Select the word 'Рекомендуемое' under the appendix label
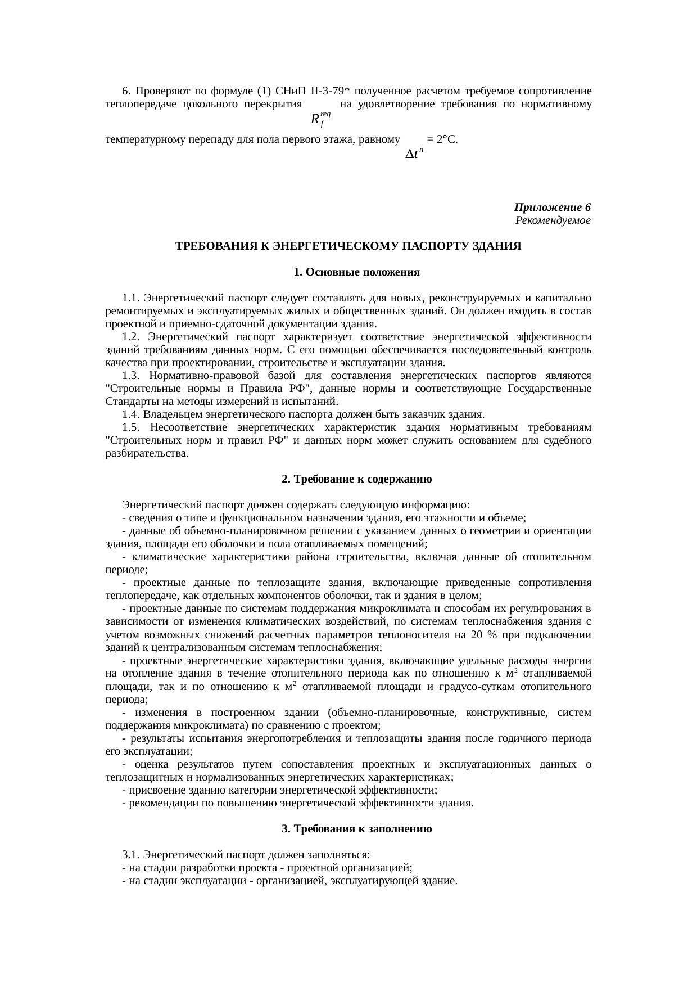pyautogui.click(x=553, y=220)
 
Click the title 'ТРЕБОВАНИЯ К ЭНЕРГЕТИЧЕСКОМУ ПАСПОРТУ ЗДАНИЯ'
pyautogui.click(x=348, y=246)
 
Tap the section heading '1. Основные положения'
pyautogui.click(x=356, y=272)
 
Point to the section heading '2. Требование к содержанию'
pyautogui.click(x=356, y=479)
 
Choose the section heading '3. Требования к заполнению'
pyautogui.click(x=356, y=829)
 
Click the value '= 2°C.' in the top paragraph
pyautogui.click(x=442, y=139)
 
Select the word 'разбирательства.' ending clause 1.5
pyautogui.click(x=147, y=453)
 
